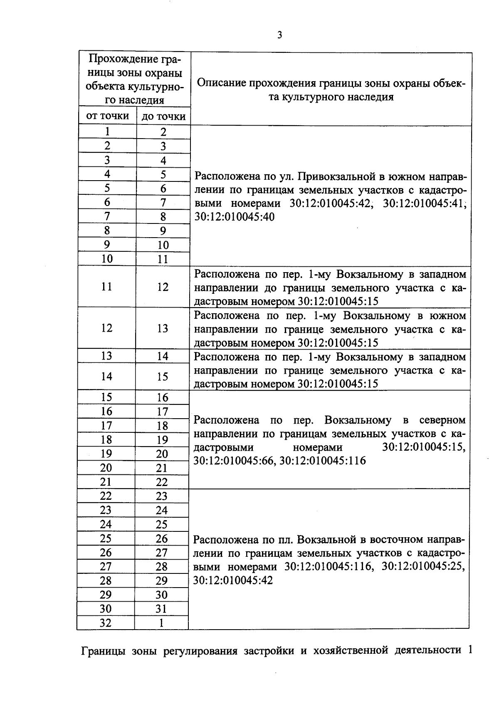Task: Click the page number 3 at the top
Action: (279, 36)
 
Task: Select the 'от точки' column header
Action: (107, 116)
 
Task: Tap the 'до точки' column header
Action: (163, 117)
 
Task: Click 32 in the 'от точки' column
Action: (106, 623)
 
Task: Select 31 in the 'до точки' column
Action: (161, 609)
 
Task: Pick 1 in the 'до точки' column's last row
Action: (161, 623)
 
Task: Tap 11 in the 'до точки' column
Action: (163, 259)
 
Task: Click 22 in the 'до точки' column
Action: (162, 482)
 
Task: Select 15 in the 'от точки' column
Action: (106, 397)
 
